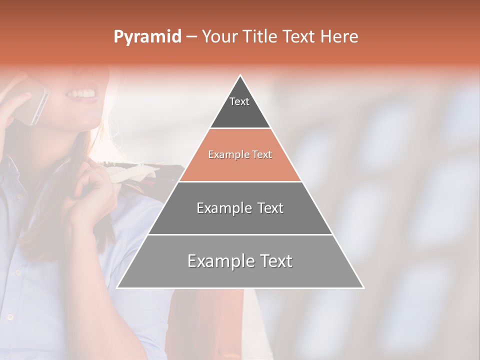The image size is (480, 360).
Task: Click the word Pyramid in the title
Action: pos(147,37)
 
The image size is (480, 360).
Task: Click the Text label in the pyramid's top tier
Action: pos(239,101)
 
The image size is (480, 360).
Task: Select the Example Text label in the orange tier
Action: pos(240,154)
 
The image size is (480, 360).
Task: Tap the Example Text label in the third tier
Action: pos(240,208)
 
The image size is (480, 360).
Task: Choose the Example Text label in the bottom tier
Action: pos(240,261)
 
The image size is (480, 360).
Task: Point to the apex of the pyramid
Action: pos(240,76)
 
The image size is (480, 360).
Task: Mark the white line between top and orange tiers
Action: pos(240,128)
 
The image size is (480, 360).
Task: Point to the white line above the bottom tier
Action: pos(240,234)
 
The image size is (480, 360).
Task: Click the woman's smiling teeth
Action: pos(84,93)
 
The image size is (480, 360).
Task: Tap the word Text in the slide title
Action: pos(298,37)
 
